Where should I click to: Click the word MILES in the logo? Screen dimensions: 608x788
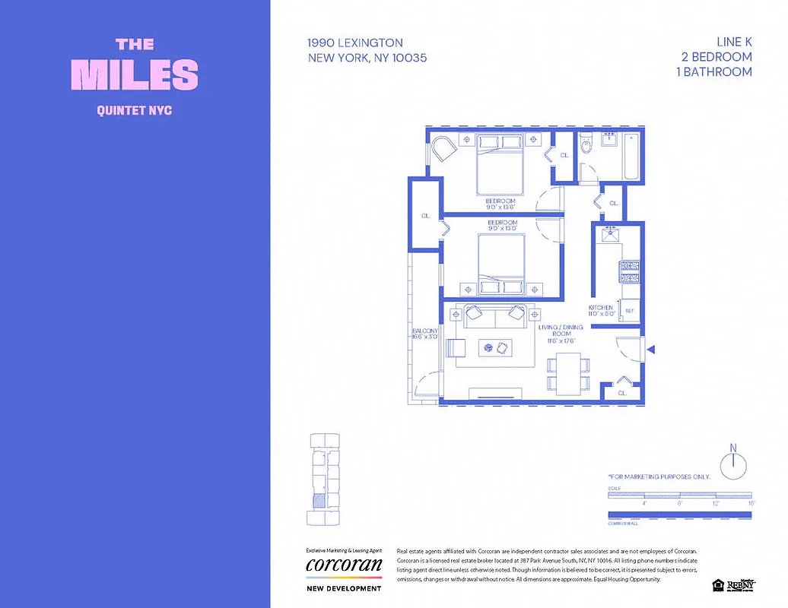(x=135, y=74)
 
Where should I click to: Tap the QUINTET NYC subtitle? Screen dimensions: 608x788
(x=135, y=111)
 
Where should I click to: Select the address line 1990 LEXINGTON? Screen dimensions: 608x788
(x=355, y=43)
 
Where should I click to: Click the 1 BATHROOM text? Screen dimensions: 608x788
(x=713, y=72)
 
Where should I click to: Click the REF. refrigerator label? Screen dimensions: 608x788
(x=630, y=311)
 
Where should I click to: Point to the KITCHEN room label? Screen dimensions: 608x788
(x=601, y=308)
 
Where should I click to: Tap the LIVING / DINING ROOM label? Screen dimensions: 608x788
(x=561, y=331)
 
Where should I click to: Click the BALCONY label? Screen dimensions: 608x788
(x=425, y=331)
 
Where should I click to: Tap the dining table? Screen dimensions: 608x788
(x=567, y=373)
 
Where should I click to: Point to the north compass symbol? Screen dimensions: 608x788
(x=733, y=464)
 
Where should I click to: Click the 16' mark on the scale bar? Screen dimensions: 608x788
(x=751, y=503)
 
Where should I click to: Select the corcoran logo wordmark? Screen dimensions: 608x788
(x=344, y=565)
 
